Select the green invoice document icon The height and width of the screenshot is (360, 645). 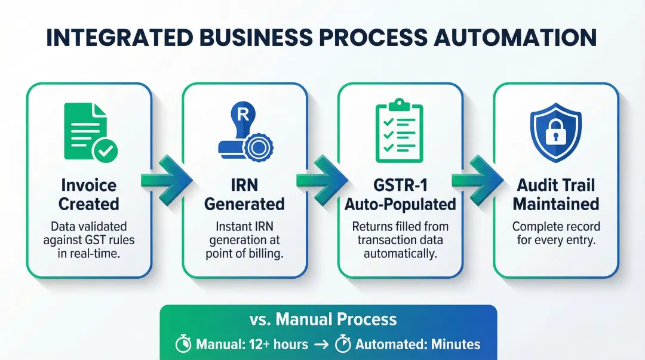86,130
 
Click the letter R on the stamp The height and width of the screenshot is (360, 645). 242,115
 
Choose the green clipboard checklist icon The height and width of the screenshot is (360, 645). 398,132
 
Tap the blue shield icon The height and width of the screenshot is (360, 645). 555,131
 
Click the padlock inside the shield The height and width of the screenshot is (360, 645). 555,135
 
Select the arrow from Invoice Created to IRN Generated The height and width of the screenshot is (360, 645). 167,180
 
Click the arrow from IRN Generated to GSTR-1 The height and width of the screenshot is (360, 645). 322,180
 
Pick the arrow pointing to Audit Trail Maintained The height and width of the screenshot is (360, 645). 477,180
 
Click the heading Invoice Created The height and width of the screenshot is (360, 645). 88,194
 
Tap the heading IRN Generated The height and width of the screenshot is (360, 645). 244,194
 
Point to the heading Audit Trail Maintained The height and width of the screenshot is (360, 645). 555,194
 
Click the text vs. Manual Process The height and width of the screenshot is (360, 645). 323,319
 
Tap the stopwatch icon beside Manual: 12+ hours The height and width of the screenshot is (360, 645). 183,344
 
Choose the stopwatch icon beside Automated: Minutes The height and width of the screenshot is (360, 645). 343,344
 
